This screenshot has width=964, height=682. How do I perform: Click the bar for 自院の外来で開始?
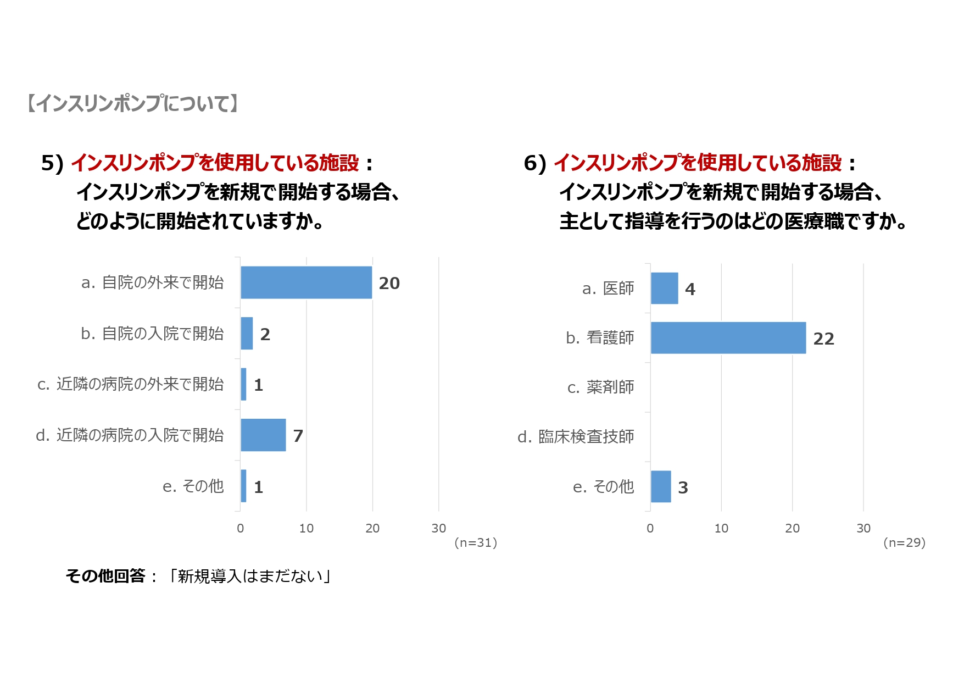click(x=306, y=282)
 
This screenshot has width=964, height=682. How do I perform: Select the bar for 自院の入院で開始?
click(x=247, y=334)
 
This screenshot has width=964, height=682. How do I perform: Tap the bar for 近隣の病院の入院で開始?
click(x=263, y=435)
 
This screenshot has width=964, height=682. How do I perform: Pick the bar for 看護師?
click(x=728, y=338)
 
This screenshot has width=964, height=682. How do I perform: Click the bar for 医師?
click(x=664, y=289)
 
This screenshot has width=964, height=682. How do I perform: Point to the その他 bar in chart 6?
click(x=660, y=486)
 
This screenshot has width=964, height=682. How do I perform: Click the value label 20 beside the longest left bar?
click(x=389, y=284)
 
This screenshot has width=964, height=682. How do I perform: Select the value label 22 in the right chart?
click(x=823, y=339)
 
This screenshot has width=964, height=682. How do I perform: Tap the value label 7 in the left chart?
click(x=298, y=436)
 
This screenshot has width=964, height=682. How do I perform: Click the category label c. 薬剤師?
click(x=600, y=387)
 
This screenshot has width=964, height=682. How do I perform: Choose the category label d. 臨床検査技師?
click(x=576, y=437)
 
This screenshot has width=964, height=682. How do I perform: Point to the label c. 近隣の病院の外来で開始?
click(x=130, y=384)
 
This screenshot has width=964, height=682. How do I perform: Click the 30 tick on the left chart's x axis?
click(x=438, y=529)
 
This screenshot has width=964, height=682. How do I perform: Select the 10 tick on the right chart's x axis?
click(x=721, y=529)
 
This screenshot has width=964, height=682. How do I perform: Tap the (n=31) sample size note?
click(x=476, y=543)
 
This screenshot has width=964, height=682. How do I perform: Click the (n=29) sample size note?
click(x=904, y=543)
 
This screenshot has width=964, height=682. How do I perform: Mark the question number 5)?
click(x=52, y=164)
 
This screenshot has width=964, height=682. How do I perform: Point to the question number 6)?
click(x=534, y=164)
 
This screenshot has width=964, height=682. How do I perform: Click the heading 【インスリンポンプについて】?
click(x=132, y=103)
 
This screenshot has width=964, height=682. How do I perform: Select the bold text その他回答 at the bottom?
click(x=105, y=576)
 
